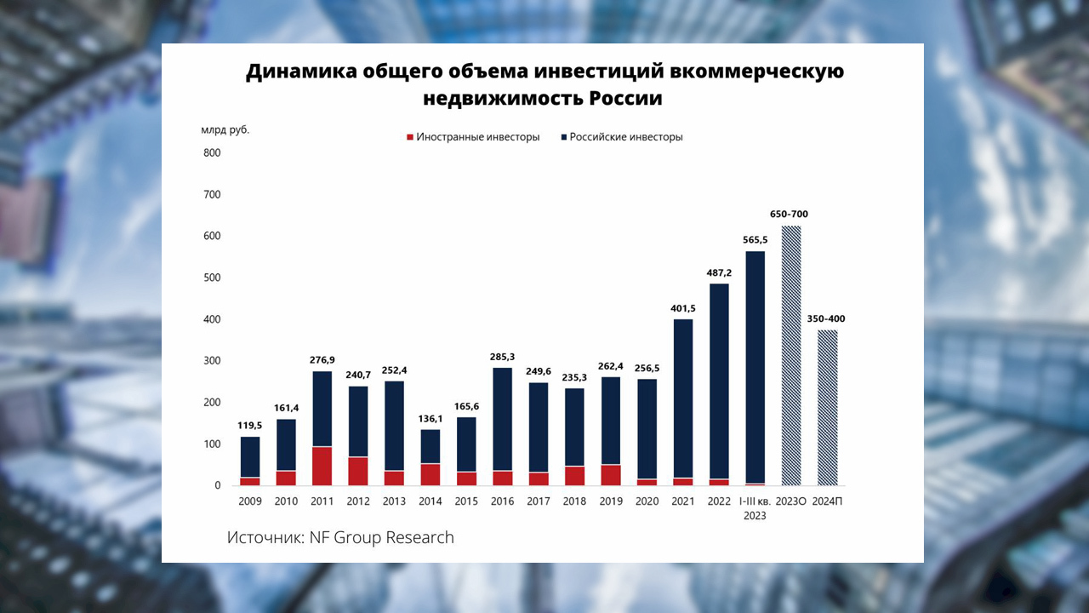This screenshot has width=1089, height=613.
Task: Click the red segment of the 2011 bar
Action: coord(322,466)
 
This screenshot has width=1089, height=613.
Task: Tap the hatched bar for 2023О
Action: coord(791,356)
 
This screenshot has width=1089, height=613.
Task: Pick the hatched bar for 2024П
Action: coord(828,408)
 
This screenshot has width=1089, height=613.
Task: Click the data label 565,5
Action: coord(755,240)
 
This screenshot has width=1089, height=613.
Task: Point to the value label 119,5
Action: coord(250,426)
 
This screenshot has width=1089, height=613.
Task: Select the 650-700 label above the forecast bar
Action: coord(791,215)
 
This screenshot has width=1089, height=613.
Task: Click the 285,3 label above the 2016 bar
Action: coord(503,357)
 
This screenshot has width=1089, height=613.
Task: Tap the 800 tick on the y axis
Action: coord(211,153)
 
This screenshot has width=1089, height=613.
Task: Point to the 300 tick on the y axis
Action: coord(211,361)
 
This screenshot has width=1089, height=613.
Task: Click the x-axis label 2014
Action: coord(430,501)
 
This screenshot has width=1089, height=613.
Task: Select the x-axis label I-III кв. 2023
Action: coord(755,508)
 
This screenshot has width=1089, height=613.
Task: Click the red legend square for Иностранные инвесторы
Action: coord(410,137)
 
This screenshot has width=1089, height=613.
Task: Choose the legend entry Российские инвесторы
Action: coord(626,137)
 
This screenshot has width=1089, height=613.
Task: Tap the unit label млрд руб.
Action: coord(225,130)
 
